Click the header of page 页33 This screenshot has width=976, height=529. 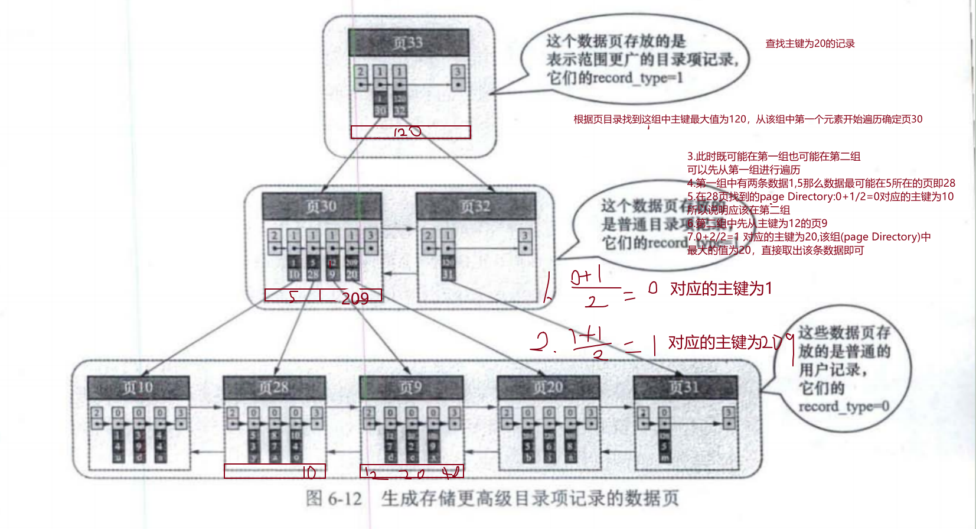tap(409, 43)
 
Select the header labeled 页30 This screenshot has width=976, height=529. tap(322, 206)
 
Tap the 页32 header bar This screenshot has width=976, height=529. tap(475, 206)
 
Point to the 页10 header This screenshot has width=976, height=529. tap(138, 388)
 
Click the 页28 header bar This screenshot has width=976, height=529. tap(274, 388)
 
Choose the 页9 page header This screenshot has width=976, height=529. tap(411, 388)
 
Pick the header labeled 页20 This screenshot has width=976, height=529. tap(549, 388)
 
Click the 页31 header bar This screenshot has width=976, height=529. tap(685, 388)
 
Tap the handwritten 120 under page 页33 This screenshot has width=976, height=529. tap(407, 132)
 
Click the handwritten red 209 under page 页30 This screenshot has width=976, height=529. tap(355, 298)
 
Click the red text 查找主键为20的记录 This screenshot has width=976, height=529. tap(810, 44)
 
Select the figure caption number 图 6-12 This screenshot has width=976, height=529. tap(334, 498)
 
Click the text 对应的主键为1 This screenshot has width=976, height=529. tap(721, 288)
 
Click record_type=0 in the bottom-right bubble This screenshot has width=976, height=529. tap(844, 407)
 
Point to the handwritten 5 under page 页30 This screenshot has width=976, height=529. tap(293, 296)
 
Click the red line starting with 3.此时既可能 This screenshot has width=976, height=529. tap(773, 157)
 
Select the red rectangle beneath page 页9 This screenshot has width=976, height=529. tap(412, 471)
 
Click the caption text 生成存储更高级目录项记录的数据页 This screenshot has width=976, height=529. tap(530, 498)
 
